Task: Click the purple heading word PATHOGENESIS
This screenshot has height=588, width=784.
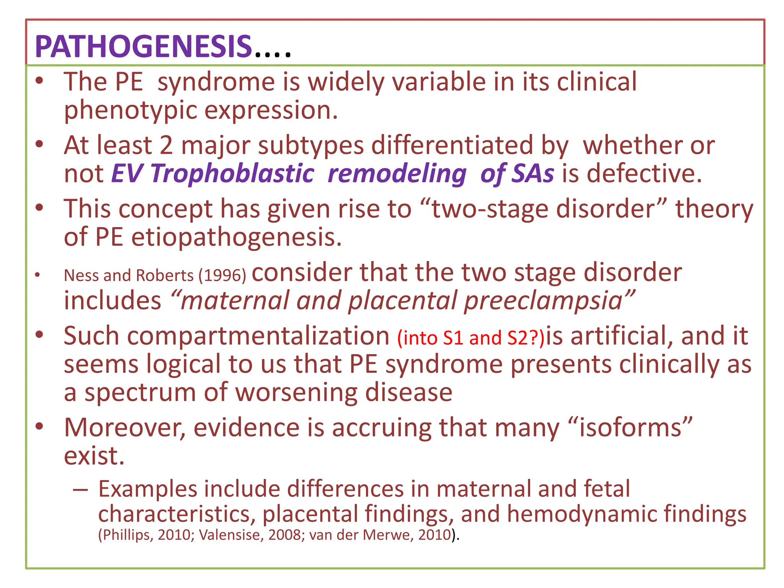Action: coord(143,47)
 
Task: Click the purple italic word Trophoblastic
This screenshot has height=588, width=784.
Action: coord(232,173)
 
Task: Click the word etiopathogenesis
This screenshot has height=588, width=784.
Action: coord(236,237)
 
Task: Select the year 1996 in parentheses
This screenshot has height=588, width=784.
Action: coord(222,276)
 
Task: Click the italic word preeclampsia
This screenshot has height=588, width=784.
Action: coord(544,301)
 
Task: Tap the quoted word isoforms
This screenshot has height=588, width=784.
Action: coord(630,428)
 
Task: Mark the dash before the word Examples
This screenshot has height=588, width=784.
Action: coord(81,490)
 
